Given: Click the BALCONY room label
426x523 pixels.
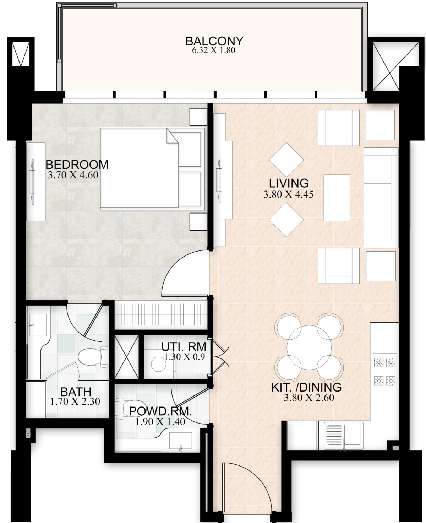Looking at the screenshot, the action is click(x=214, y=41).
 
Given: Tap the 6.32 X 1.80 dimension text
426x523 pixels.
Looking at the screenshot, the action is click(x=214, y=50).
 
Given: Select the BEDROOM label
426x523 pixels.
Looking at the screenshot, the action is click(x=77, y=165).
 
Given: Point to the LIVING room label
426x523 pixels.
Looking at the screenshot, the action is click(x=289, y=183).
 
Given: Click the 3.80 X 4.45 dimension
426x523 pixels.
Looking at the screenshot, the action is click(x=289, y=194).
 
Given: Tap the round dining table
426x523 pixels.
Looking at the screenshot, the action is click(x=309, y=347).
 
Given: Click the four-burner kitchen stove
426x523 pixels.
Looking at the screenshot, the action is click(x=385, y=372).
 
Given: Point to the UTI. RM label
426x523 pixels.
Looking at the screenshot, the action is click(x=184, y=347).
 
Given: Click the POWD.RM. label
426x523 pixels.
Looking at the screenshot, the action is click(x=160, y=411).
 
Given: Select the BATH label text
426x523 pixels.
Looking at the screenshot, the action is click(x=76, y=392).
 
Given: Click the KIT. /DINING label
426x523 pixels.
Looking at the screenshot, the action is click(x=306, y=387).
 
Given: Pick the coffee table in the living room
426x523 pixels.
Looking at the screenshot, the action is click(x=337, y=198).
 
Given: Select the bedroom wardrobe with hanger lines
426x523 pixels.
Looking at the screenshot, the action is click(x=161, y=315).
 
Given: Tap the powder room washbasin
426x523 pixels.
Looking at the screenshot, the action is click(x=180, y=441).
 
